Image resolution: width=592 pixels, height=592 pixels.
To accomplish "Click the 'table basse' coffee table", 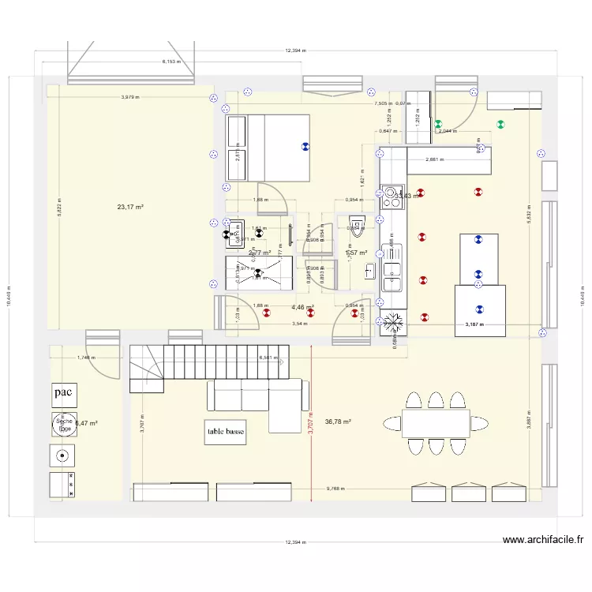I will tap(226, 432).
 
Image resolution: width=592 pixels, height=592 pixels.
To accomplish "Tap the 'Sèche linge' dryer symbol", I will tap(63, 424).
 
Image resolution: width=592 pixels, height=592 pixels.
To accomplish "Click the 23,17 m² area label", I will tap(130, 208).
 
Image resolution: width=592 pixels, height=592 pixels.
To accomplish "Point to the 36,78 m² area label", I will tap(338, 422).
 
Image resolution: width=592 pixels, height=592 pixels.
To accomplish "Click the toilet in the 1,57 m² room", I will tap(357, 226).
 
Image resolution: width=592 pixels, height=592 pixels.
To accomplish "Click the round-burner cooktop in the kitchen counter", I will tap(392, 197).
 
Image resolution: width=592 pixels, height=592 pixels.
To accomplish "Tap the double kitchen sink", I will tap(392, 276).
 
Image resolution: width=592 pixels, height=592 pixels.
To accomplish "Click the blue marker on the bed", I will tap(304, 146).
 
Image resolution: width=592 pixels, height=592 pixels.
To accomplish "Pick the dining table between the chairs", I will tap(435, 422).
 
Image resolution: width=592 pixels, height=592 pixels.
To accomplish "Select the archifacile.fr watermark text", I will tap(542, 541).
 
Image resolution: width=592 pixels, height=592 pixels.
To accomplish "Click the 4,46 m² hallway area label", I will tap(302, 308).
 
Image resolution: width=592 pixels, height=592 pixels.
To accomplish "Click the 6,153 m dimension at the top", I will tap(171, 61).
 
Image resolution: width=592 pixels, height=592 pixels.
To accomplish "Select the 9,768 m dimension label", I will tap(337, 488).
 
